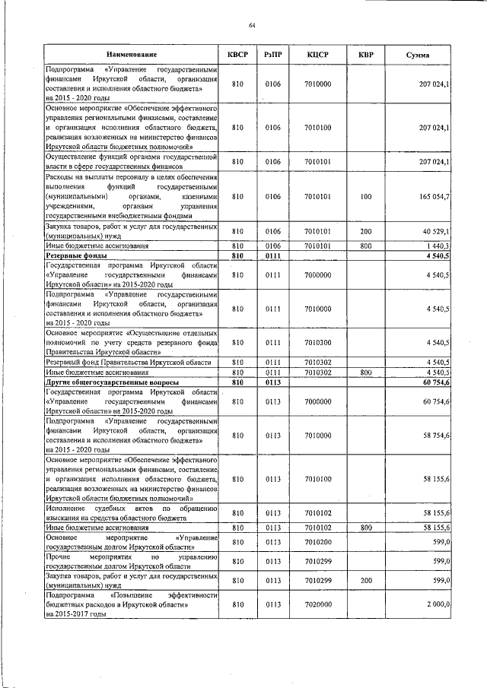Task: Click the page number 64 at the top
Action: [x=251, y=27]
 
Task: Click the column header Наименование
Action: [x=132, y=55]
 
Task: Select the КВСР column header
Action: [x=238, y=55]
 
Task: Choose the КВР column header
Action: [x=365, y=55]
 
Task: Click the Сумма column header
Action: [x=418, y=55]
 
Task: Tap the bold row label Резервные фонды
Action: [x=75, y=256]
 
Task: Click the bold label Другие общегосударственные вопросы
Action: [x=112, y=382]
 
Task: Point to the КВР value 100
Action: [x=365, y=197]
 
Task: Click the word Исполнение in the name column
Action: [x=67, y=507]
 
